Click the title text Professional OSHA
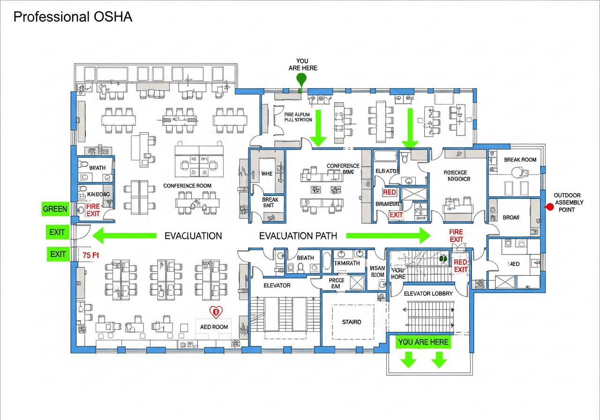[x=73, y=17]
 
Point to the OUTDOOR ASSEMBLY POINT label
[x=569, y=202]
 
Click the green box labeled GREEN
[x=55, y=209]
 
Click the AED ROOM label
[x=214, y=327]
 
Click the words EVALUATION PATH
[x=298, y=236]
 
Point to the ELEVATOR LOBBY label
[x=428, y=293]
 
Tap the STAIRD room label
[x=352, y=322]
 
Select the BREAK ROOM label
[x=520, y=160]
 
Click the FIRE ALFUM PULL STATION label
[x=298, y=117]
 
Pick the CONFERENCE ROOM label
[x=187, y=186]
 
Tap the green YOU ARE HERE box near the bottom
[x=423, y=342]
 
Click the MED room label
[x=514, y=264]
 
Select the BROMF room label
[x=511, y=217]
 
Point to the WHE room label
[x=266, y=173]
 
